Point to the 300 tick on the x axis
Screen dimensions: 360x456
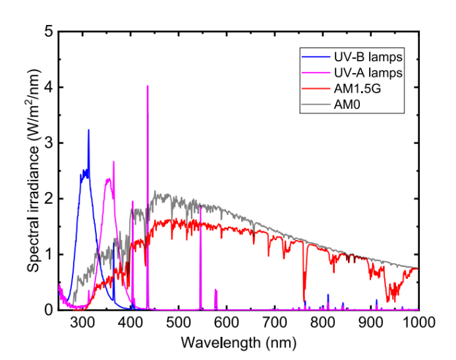tap(82, 322)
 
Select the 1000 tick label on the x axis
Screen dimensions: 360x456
tap(418, 322)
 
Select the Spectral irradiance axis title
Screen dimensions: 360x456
tap(32, 171)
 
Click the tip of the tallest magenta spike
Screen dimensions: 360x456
tap(148, 86)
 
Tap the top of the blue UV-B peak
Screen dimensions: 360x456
tap(88, 130)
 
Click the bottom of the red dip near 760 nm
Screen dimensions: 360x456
tap(304, 301)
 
